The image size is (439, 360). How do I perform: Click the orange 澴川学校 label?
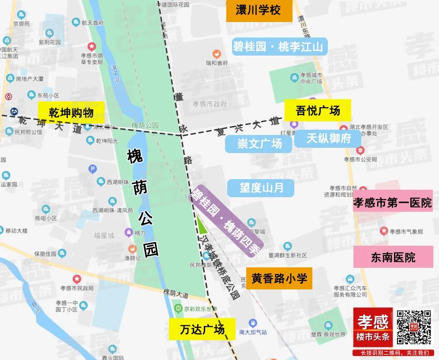[259, 11]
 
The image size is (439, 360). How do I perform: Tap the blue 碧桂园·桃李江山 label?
[280, 47]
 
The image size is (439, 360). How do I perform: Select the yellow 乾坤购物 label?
[71, 112]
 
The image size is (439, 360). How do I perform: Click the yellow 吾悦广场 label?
[318, 110]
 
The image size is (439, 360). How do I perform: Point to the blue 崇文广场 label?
[259, 144]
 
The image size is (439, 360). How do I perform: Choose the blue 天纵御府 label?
[328, 139]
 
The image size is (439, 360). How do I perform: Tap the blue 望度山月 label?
[261, 188]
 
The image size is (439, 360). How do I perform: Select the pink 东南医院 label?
[393, 257]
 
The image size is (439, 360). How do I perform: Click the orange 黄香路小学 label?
[279, 278]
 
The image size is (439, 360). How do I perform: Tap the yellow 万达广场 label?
[202, 329]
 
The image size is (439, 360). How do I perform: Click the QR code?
[413, 327]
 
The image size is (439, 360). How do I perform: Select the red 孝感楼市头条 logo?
[373, 327]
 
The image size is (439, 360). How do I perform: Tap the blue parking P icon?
[93, 169]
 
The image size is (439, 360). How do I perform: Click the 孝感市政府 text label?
[210, 104]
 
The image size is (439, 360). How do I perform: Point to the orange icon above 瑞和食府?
[216, 54]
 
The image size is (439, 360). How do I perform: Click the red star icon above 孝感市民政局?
[77, 279]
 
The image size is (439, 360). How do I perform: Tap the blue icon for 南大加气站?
[252, 323]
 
